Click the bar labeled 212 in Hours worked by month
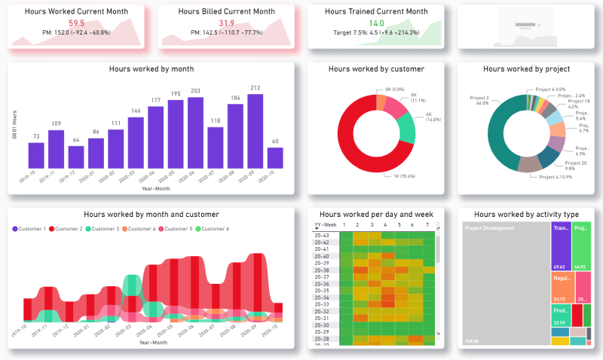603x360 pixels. tap(255, 130)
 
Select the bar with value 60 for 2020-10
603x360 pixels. tap(275, 157)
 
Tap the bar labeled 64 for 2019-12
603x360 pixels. tap(76, 157)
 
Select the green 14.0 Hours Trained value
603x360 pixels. tap(376, 23)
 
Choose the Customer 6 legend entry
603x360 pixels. tap(215, 228)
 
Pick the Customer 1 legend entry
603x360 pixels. tap(31, 228)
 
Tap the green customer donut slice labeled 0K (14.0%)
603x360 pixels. tap(405, 129)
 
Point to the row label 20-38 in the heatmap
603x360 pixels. tap(322, 270)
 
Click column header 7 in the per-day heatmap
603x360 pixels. tap(427, 224)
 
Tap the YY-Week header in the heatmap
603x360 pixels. tap(324, 224)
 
